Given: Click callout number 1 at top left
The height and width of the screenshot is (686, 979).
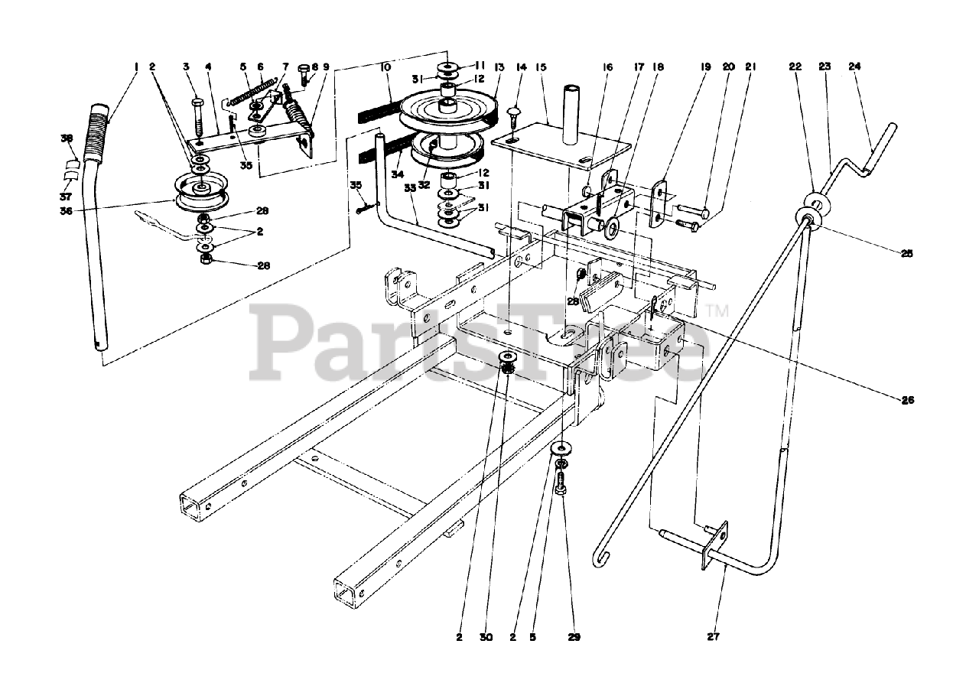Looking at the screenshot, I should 136,67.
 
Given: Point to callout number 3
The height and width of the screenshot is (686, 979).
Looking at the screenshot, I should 186,67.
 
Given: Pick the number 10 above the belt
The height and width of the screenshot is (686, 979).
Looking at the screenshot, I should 385,67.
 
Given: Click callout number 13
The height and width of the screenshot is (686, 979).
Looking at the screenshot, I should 499,67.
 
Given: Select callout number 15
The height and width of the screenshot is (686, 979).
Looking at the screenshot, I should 542,67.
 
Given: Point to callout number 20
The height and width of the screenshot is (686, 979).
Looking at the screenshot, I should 728,67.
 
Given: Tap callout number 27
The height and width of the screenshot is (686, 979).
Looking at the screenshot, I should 714,636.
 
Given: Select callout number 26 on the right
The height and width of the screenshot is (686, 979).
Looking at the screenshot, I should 907,399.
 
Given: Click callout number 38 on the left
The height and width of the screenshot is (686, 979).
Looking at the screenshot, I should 67,138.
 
